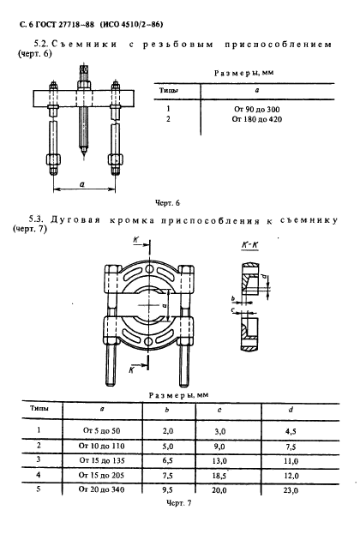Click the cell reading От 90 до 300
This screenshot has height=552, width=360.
(256, 109)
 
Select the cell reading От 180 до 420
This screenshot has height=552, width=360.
(256, 119)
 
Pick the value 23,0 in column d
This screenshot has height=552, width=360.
(291, 490)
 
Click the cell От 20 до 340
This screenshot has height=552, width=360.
(101, 489)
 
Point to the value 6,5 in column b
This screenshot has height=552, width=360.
(168, 460)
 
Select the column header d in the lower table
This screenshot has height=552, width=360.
(291, 410)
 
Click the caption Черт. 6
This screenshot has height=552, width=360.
(167, 203)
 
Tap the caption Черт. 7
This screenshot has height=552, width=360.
(178, 503)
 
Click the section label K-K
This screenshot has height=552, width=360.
(250, 245)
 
